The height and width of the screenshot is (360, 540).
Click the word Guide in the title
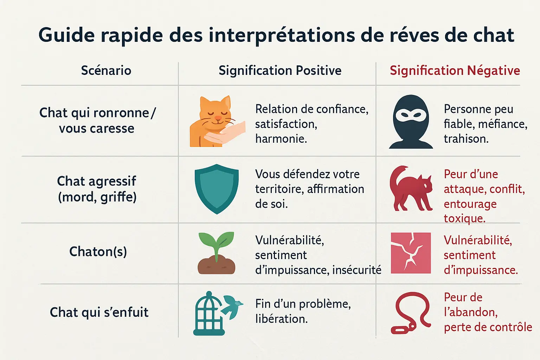coord(66,35)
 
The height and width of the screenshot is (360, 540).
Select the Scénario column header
coord(106,70)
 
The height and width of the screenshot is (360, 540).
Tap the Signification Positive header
coord(280,70)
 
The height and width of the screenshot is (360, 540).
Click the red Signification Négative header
coord(455,70)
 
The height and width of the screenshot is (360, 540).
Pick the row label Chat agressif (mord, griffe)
coord(97,189)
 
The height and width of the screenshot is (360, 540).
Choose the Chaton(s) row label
coord(98,252)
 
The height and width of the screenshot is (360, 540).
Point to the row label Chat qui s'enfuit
coord(99,312)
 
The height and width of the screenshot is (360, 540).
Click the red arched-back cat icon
coord(410,189)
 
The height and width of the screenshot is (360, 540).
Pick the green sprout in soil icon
coord(216,252)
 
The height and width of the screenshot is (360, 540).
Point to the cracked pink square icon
coord(411,253)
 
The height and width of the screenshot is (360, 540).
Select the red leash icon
coord(411,313)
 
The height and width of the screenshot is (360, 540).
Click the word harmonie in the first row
coord(281,139)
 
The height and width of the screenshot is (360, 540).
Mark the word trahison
coord(466,139)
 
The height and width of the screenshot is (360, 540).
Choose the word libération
coord(281,319)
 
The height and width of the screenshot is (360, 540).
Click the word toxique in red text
coord(464,218)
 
